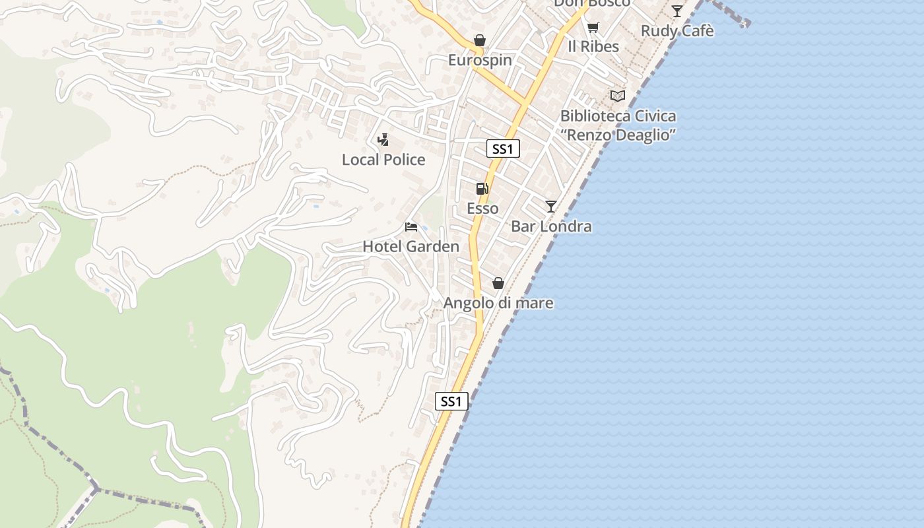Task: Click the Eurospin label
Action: (x=480, y=60)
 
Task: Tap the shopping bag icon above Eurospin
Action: (x=480, y=41)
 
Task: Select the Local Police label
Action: (x=383, y=160)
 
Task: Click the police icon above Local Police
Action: (x=383, y=140)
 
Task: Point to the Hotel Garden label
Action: (x=411, y=247)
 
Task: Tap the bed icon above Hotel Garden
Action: (x=411, y=227)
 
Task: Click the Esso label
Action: (x=482, y=209)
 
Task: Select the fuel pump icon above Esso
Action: (x=482, y=189)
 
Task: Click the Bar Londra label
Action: (x=551, y=226)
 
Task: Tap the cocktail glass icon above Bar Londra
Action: (x=551, y=207)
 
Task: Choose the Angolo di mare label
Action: (x=498, y=303)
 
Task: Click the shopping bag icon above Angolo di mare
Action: (x=498, y=283)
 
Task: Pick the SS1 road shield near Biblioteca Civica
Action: (x=503, y=149)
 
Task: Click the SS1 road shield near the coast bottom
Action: (x=451, y=401)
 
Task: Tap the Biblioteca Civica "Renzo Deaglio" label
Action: (x=618, y=125)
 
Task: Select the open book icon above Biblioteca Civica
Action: (x=618, y=96)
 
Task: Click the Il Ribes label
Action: (x=593, y=47)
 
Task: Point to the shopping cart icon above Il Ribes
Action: (x=593, y=27)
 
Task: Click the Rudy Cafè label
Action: (x=677, y=31)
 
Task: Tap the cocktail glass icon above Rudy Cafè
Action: (x=677, y=11)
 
